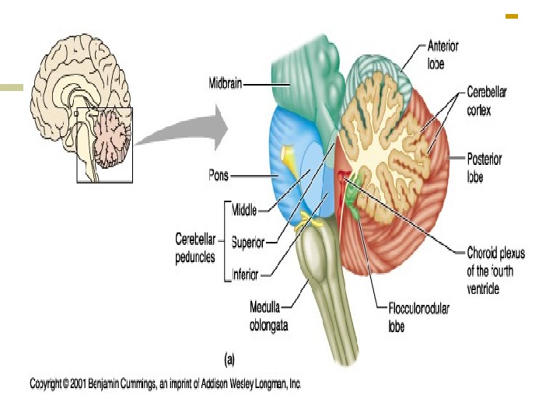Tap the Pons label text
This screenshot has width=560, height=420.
point(219,176)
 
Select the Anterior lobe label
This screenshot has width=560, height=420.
point(443,54)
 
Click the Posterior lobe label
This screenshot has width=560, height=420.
point(485,166)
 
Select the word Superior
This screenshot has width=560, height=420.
point(248,242)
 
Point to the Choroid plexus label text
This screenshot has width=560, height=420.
point(495,271)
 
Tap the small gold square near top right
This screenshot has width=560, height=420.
point(512,15)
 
